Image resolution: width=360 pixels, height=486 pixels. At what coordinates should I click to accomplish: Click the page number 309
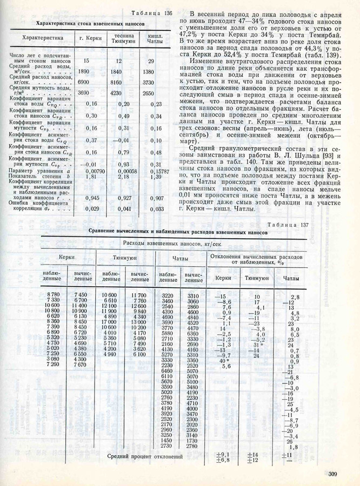pos(332,474)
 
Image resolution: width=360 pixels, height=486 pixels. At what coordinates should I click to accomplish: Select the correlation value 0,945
pos(91,198)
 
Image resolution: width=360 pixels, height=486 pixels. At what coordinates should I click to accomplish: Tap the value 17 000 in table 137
pos(111,322)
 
